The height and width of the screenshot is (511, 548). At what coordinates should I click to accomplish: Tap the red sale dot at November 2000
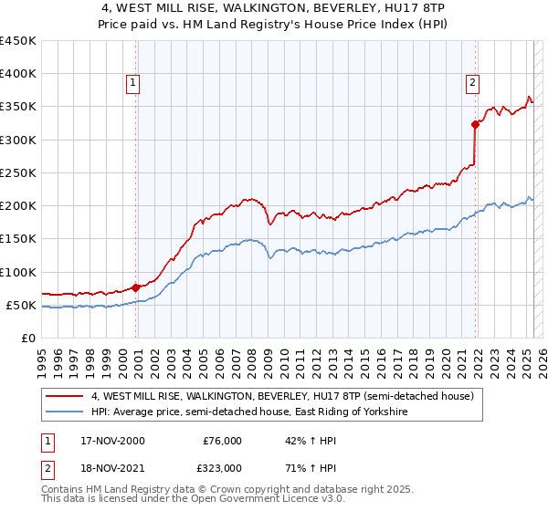pos(136,287)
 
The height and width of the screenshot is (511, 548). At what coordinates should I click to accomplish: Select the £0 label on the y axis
pos(29,338)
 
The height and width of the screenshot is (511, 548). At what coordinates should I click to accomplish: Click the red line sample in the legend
pos(64,397)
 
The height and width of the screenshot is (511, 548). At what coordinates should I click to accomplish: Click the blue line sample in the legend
pos(64,412)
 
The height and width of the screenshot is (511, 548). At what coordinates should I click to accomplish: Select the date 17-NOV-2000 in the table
pos(111,441)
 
